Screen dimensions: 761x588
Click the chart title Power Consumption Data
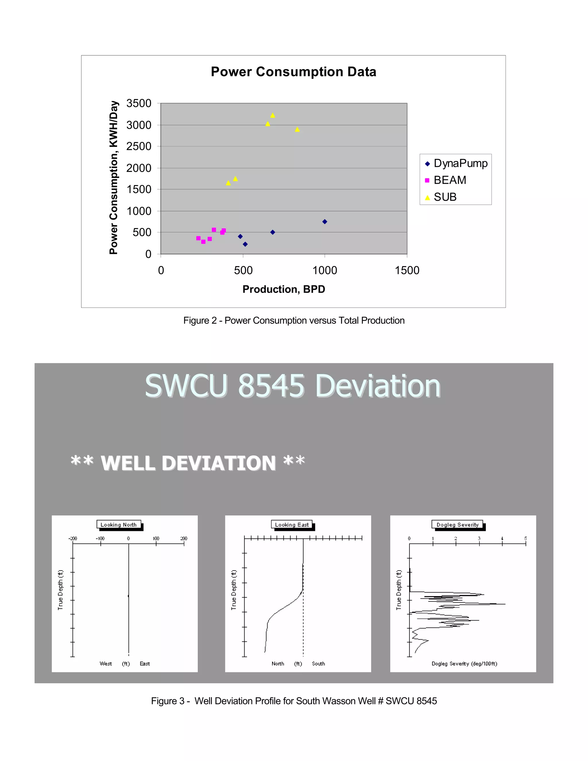click(x=293, y=72)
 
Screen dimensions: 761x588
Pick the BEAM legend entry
click(x=449, y=180)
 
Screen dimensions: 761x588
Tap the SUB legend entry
click(x=444, y=197)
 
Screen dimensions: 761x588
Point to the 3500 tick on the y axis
click(x=139, y=103)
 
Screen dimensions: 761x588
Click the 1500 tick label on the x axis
click(x=407, y=271)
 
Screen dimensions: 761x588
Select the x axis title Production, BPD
click(x=284, y=289)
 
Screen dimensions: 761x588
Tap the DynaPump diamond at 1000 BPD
click(x=325, y=222)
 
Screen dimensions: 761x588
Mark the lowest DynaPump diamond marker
click(x=245, y=244)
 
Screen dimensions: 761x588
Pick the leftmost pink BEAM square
click(x=198, y=238)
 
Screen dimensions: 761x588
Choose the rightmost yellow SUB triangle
click(x=297, y=130)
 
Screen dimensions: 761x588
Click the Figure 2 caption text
click(x=294, y=320)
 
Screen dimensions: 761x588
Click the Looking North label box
click(x=119, y=525)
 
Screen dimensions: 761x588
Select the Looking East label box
click(x=292, y=525)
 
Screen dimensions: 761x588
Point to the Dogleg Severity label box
click(x=457, y=525)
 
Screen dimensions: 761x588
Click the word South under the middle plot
click(x=318, y=664)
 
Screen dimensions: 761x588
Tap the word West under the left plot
click(x=106, y=664)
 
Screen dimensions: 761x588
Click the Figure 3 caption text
click(x=294, y=701)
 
